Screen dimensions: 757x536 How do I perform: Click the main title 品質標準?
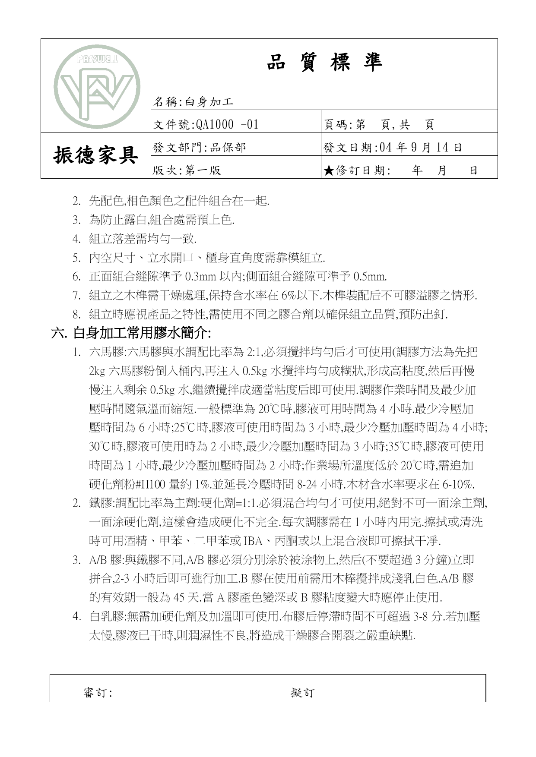pyautogui.click(x=324, y=63)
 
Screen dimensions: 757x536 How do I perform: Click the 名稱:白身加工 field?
pyautogui.click(x=194, y=102)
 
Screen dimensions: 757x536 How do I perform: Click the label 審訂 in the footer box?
pyautogui.click(x=97, y=693)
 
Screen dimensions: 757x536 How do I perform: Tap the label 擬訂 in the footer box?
pyautogui.click(x=302, y=693)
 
